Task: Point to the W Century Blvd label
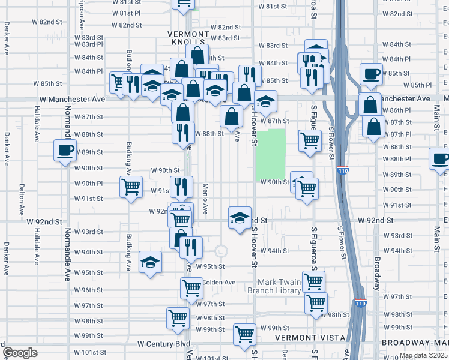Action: pos(164,344)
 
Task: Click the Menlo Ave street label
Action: pos(205,199)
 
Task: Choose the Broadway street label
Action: pos(377,274)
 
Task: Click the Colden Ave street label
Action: pos(218,282)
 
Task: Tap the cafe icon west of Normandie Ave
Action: pos(65,150)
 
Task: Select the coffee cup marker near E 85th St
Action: pos(372,73)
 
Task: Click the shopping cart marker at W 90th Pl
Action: pos(131,186)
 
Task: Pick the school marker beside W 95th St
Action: pos(151,262)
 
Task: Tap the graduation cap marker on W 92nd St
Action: pos(240,217)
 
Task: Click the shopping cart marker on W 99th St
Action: pos(244,335)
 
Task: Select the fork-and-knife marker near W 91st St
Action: pos(181,187)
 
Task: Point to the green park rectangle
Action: pos(271,155)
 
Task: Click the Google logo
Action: pos(20,353)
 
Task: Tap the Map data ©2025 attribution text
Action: pos(423,355)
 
